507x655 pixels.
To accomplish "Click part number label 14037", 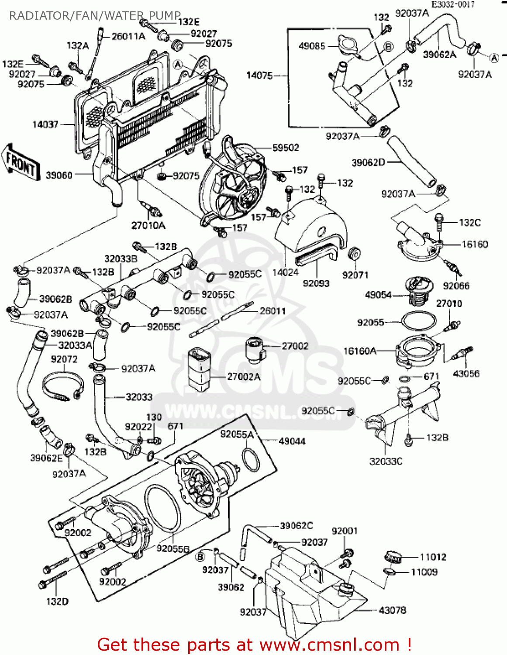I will pos(45,124).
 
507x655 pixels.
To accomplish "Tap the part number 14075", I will pos(259,75).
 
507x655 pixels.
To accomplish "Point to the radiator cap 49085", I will pos(344,45).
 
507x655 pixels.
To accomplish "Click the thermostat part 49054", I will pos(418,290).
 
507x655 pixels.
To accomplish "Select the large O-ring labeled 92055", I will pos(418,322).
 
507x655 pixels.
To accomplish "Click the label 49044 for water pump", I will pos(292,441).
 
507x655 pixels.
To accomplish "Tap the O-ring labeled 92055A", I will pos(249,460).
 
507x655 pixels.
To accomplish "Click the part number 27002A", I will pos(244,376).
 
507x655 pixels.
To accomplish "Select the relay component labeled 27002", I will pos(255,349).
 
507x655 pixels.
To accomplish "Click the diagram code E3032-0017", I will pos(453,4).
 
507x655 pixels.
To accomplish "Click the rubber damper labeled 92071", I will pos(354,254).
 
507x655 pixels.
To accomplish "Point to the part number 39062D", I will pos(368,162).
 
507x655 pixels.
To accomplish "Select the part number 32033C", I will pos(386,461).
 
